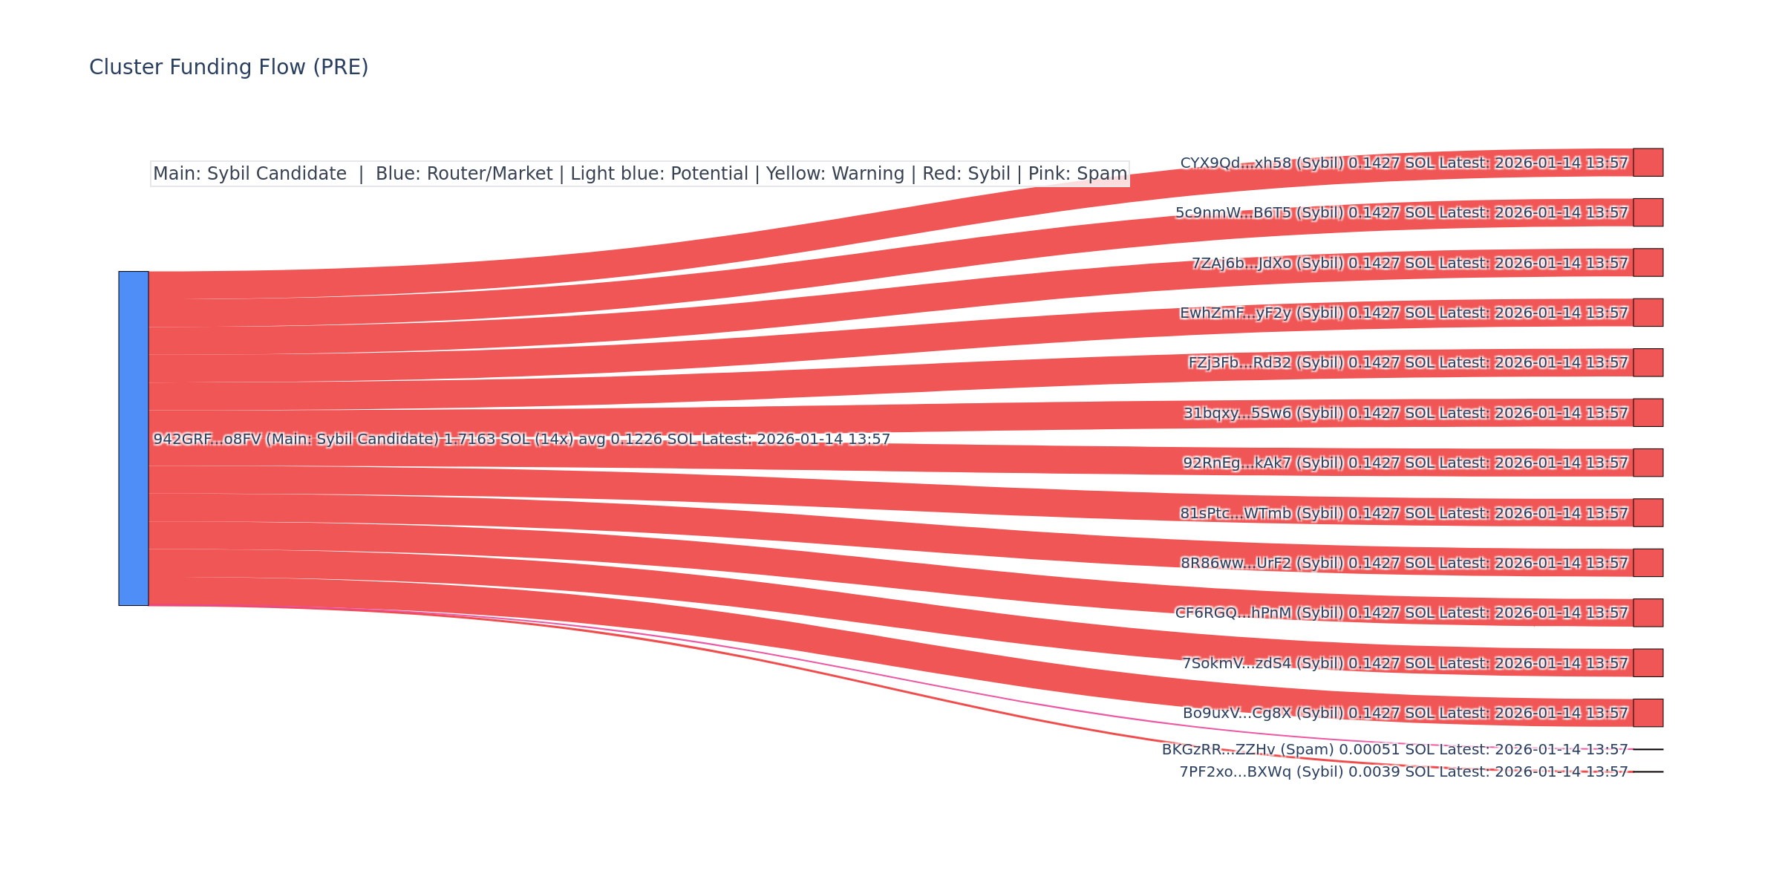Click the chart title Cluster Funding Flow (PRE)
click(229, 68)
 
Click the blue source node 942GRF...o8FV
click(134, 438)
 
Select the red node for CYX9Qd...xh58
click(1648, 163)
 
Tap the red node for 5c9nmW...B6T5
click(1648, 212)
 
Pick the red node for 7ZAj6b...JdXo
click(1648, 263)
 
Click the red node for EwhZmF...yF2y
click(1648, 313)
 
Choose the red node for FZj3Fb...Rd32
click(1648, 362)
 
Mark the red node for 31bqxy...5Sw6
click(1648, 413)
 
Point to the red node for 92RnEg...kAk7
click(1648, 463)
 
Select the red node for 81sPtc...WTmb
click(1648, 513)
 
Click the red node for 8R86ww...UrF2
click(1648, 563)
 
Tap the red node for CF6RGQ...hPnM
click(1648, 613)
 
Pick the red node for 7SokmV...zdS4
click(1648, 663)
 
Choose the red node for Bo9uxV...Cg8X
click(1648, 713)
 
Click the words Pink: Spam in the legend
click(1077, 174)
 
